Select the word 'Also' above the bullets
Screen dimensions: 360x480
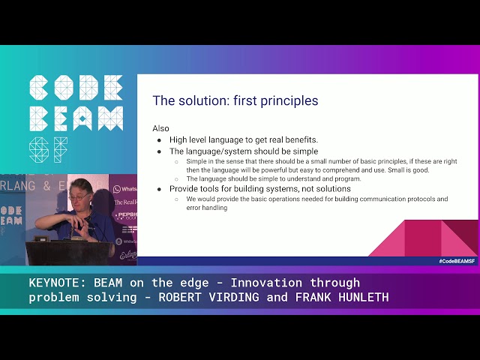click(160, 128)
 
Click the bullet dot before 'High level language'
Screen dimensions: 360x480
click(159, 140)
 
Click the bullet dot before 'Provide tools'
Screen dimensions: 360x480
click(159, 189)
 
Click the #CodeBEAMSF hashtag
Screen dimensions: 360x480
click(457, 261)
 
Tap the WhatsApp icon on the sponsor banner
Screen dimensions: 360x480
click(117, 189)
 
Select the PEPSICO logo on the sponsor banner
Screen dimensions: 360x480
click(124, 216)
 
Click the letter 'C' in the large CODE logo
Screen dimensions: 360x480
click(41, 88)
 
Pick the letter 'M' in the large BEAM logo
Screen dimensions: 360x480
click(109, 118)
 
